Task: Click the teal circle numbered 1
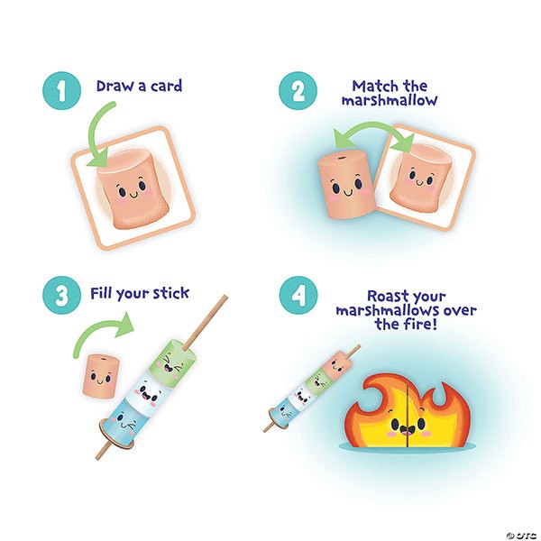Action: pyautogui.click(x=61, y=91)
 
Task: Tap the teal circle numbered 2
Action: pyautogui.click(x=298, y=91)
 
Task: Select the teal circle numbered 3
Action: pyautogui.click(x=61, y=295)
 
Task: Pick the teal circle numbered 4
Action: pyautogui.click(x=298, y=295)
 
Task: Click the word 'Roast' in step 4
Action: pyautogui.click(x=387, y=296)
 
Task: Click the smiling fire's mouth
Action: pyautogui.click(x=408, y=430)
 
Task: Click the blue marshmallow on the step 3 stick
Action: pyautogui.click(x=124, y=422)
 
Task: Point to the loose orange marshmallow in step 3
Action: pyautogui.click(x=101, y=376)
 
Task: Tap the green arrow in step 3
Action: pyautogui.click(x=100, y=328)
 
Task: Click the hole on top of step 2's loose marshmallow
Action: pyautogui.click(x=342, y=158)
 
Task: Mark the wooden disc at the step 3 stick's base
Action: pyautogui.click(x=116, y=436)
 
